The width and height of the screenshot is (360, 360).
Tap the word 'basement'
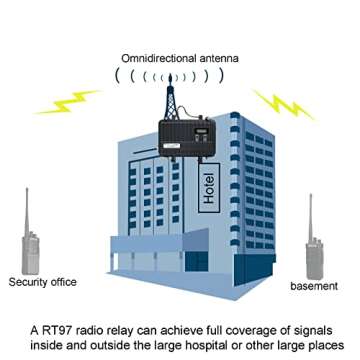pyautogui.click(x=315, y=286)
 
